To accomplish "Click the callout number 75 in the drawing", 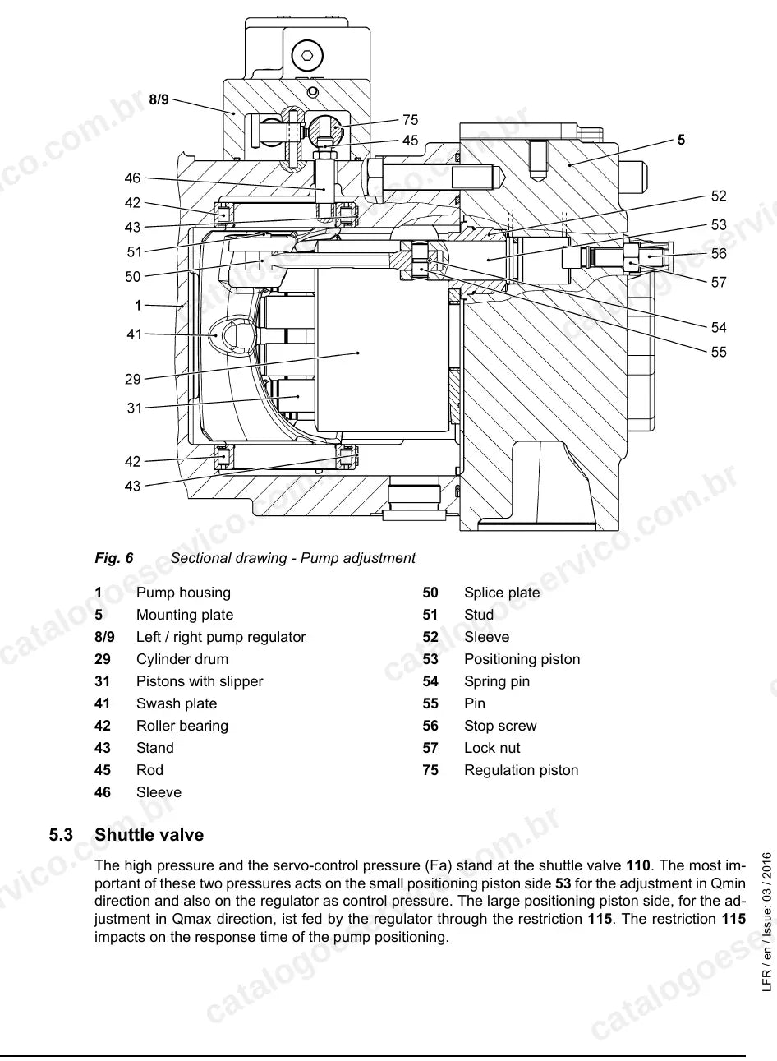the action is pyautogui.click(x=411, y=120).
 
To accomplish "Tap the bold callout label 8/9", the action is pyautogui.click(x=159, y=99).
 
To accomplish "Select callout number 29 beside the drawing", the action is pyautogui.click(x=133, y=379).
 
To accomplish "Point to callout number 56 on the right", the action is pyautogui.click(x=719, y=253).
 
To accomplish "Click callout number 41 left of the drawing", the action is pyautogui.click(x=135, y=334).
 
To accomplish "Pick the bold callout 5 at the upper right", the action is pyautogui.click(x=681, y=140).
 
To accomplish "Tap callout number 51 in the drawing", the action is pyautogui.click(x=135, y=252).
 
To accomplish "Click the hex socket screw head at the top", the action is pyautogui.click(x=307, y=55).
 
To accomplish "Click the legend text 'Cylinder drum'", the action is pyautogui.click(x=182, y=659).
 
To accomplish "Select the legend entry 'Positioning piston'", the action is pyautogui.click(x=522, y=659).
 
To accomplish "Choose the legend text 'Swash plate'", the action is pyautogui.click(x=177, y=703).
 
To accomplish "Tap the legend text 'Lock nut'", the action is pyautogui.click(x=492, y=748).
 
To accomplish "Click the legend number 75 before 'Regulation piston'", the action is pyautogui.click(x=430, y=770).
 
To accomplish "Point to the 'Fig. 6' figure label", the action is pyautogui.click(x=114, y=558).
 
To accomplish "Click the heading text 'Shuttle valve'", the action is pyautogui.click(x=149, y=835).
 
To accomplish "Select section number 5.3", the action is pyautogui.click(x=61, y=835).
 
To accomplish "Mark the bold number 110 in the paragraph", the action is pyautogui.click(x=638, y=865).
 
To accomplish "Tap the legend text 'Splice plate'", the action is pyautogui.click(x=502, y=593).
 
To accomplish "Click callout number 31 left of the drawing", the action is pyautogui.click(x=135, y=408).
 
